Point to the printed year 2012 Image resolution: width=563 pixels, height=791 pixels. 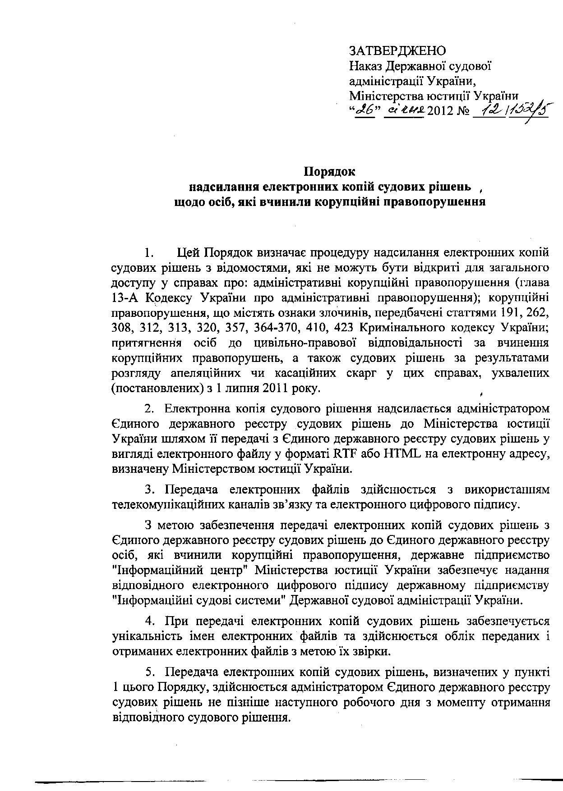pos(440,111)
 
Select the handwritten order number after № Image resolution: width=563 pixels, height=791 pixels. pos(510,110)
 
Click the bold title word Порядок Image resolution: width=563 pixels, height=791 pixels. pos(329,172)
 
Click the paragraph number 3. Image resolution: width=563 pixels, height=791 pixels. pos(150,489)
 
